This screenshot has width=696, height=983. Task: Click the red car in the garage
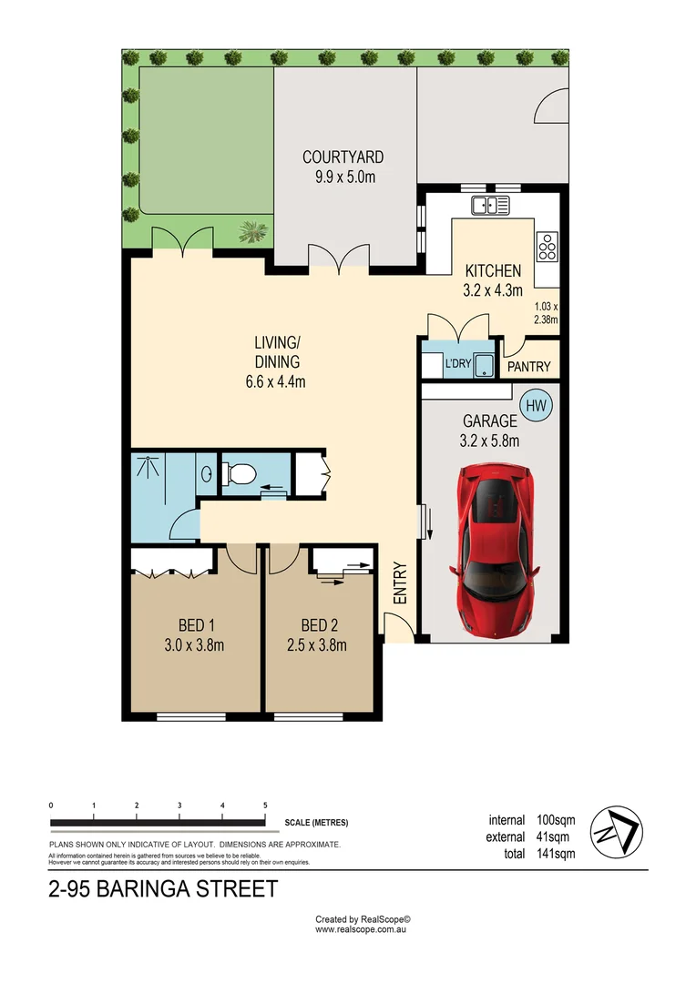pos(494,549)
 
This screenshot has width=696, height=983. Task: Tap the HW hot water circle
pos(536,406)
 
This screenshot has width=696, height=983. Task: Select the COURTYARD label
pos(343,157)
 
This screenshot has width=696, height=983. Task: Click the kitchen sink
pos(491,205)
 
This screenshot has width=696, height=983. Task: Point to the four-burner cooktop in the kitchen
pos(548,247)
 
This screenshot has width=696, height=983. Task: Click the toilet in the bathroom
pos(238,473)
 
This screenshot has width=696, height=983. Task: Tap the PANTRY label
pos(529,367)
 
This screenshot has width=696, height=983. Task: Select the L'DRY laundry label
pos(458,363)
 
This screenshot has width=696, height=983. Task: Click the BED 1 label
pos(196,625)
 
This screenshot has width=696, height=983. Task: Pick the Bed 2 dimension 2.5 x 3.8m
pos(317,645)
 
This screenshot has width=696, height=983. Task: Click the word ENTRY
pos(401,583)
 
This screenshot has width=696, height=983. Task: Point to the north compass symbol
pos(617,832)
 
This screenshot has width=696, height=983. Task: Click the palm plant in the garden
pos(253,231)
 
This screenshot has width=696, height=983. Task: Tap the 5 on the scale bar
pos(265,806)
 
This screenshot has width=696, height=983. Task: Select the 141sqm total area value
pos(556,853)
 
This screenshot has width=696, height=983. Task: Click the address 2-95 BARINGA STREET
pos(163,889)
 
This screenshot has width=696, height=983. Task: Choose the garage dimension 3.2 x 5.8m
pos(489,441)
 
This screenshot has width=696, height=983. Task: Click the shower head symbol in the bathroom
pos(148,467)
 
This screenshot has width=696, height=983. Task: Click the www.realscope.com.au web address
pos(361,929)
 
